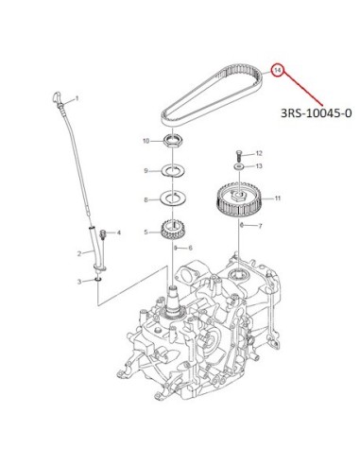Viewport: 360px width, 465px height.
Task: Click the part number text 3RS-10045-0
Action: [316, 112]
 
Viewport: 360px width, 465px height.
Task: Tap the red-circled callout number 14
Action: [277, 71]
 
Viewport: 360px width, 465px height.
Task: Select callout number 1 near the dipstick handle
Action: [77, 98]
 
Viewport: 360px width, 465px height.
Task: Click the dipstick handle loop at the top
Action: [57, 97]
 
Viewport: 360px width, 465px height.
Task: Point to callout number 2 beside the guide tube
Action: [79, 253]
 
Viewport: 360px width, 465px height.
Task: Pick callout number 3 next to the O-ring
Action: [79, 282]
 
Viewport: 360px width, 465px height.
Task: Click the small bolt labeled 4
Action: [102, 235]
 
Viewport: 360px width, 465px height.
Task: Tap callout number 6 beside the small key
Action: [190, 249]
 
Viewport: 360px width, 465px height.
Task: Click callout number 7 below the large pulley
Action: [260, 226]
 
